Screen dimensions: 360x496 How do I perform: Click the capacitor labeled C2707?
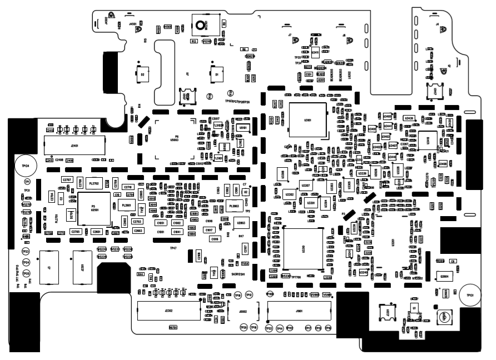point(67,180)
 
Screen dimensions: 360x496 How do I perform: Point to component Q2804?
point(444,276)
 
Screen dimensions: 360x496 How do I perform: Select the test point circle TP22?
point(269,328)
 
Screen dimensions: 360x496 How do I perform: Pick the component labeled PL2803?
point(234,206)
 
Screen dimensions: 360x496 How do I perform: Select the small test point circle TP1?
point(27,182)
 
